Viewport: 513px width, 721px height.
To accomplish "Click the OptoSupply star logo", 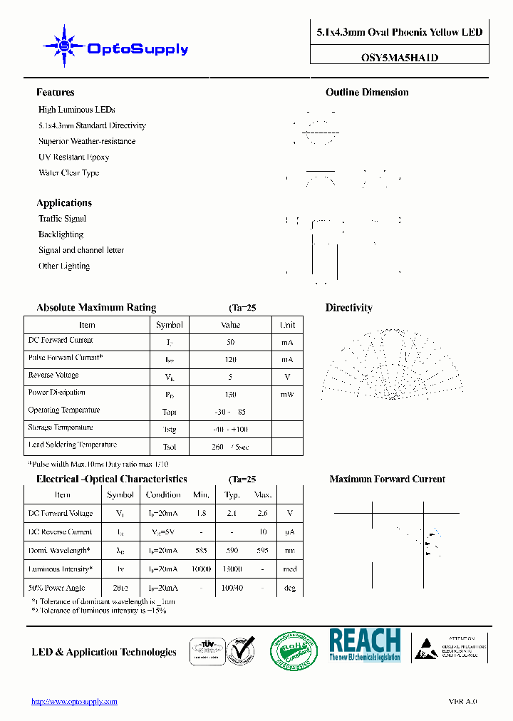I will (64, 46).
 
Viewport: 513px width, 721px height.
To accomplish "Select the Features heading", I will (56, 93).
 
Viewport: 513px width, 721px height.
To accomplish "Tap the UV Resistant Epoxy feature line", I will (73, 157).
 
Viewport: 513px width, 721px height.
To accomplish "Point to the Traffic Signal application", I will (62, 219).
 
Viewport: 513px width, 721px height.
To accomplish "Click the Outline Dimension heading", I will (367, 93).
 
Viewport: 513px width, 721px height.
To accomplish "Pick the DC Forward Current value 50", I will (230, 342).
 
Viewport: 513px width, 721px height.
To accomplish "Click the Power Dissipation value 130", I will (230, 394).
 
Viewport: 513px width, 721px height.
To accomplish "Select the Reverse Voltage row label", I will (53, 375).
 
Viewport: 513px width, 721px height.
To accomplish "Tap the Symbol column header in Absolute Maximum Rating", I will (170, 325).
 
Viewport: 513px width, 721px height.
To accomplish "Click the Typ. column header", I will (232, 494).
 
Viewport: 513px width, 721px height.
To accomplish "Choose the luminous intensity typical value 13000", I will (232, 569).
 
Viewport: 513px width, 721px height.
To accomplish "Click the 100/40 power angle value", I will (232, 588).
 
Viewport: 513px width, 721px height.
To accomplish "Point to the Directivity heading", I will (348, 308).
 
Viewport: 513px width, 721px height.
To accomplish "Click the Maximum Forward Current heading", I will (387, 479).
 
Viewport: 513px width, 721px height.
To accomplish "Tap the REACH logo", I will (365, 645).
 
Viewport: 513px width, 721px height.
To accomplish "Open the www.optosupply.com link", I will (74, 702).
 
